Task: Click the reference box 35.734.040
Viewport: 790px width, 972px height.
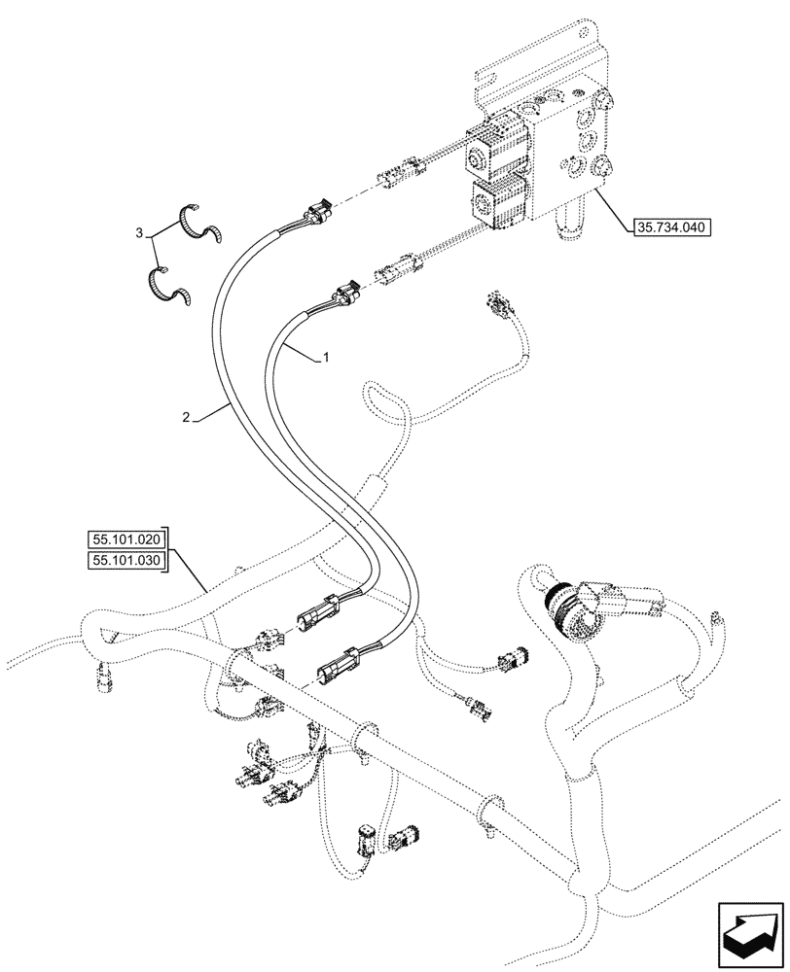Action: [672, 229]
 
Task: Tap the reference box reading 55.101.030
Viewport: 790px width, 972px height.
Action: [127, 561]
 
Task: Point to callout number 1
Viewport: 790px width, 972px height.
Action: [326, 358]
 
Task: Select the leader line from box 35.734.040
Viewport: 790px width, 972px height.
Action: [613, 209]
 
